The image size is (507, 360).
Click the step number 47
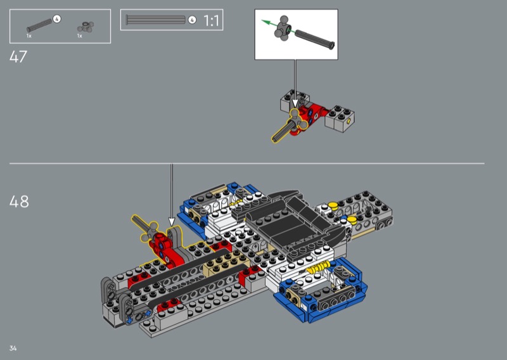[18, 57]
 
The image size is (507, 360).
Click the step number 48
[19, 202]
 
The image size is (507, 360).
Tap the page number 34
[13, 348]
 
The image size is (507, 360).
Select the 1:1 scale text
[211, 21]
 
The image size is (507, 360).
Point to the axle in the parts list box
[39, 25]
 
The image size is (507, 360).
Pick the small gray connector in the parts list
[86, 27]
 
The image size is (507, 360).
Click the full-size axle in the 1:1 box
[155, 20]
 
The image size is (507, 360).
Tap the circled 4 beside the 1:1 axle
[192, 20]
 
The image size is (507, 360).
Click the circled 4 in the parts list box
[56, 19]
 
